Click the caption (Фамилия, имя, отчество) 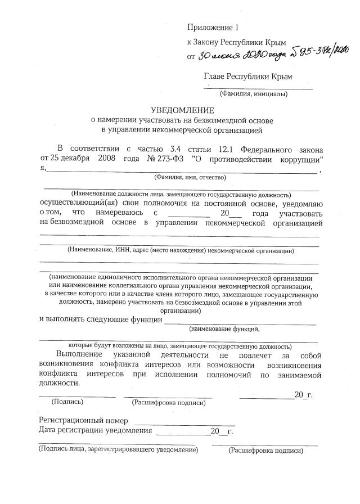[x=190, y=177]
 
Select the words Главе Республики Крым [x=248, y=76]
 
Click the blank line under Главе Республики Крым [x=258, y=88]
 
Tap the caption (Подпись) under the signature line [x=67, y=402]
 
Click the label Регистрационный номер [x=83, y=420]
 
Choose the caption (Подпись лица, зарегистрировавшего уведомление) [x=118, y=450]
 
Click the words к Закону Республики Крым [x=236, y=42]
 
